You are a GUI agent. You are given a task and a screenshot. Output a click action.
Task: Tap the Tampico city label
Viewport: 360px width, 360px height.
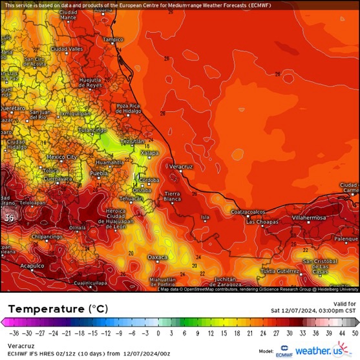tap(112, 39)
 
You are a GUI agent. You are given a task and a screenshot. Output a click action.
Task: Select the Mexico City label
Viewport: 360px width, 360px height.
tap(62, 157)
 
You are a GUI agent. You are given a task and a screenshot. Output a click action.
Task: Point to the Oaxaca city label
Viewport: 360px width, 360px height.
tap(157, 257)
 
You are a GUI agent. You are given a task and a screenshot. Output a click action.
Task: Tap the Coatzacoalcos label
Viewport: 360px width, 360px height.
tap(248, 211)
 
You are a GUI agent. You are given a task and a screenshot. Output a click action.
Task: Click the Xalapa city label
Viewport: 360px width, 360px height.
tap(150, 153)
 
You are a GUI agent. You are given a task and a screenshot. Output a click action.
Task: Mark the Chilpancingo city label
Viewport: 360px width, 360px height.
tap(46, 237)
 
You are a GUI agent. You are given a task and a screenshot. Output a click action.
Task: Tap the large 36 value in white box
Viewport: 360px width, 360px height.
tap(9, 218)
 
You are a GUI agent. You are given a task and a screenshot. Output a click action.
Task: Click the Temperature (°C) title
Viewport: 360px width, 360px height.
tap(55, 309)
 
